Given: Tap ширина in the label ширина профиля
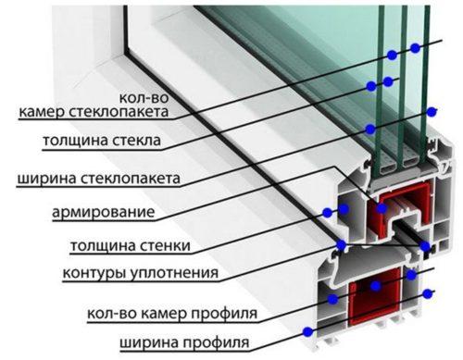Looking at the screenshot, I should (149, 344).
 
